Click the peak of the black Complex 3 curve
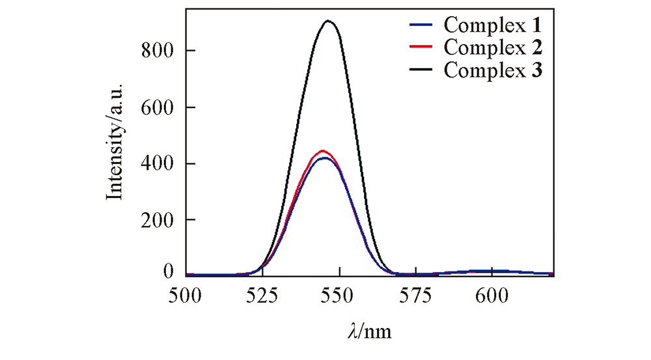(x=329, y=21)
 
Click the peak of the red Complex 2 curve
(x=322, y=150)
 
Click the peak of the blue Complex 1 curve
(x=324, y=158)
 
